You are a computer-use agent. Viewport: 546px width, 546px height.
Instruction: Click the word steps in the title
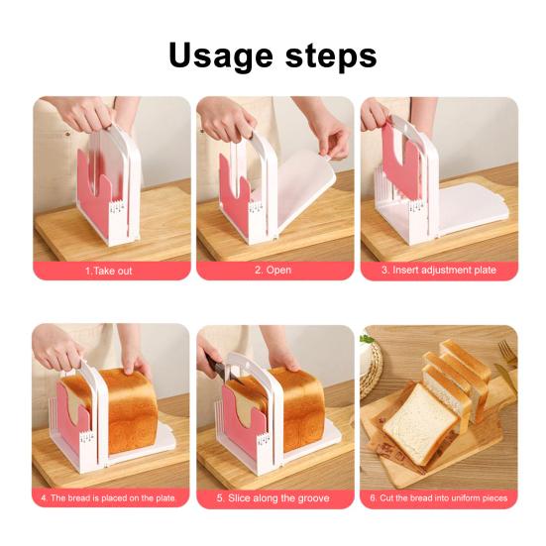pos(326,55)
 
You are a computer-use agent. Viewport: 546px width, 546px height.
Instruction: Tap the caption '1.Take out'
pos(108,270)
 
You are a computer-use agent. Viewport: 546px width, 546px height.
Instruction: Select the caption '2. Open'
pos(273,270)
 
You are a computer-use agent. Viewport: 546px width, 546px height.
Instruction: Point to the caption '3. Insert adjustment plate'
pos(439,270)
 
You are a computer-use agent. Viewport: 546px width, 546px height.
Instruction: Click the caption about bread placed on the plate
pos(108,496)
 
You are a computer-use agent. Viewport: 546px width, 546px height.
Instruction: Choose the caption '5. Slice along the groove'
pos(273,496)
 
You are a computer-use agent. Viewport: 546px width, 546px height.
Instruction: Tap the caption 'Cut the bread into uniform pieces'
pos(439,496)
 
